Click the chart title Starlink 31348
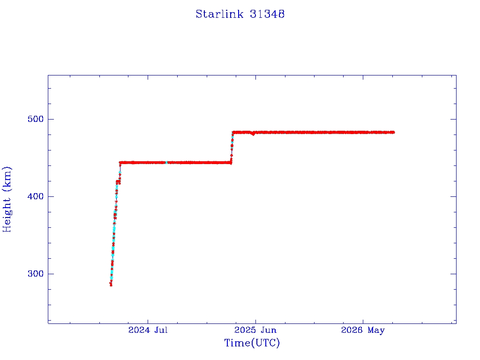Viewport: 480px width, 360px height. tap(240, 14)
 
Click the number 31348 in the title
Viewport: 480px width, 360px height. tap(267, 14)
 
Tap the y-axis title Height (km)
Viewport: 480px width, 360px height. tap(7, 199)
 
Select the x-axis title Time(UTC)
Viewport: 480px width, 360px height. tap(252, 343)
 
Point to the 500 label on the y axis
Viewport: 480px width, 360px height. tap(36, 119)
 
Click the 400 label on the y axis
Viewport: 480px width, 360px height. tap(36, 196)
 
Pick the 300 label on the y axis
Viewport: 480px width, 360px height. tap(36, 274)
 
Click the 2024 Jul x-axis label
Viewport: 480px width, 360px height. tap(148, 330)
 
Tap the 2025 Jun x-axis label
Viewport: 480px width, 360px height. tap(255, 330)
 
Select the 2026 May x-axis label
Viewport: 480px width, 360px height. tap(363, 330)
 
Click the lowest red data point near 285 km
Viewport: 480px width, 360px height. tap(111, 285)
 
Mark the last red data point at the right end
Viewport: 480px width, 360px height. tap(393, 132)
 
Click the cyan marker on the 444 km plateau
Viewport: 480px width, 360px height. tap(166, 163)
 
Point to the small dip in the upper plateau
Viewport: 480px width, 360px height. tap(253, 134)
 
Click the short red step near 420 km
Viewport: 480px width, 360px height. tap(118, 182)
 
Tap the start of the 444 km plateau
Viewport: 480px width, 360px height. tap(120, 163)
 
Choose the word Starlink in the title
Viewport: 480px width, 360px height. tap(219, 14)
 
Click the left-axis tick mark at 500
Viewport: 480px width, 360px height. tap(51, 119)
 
